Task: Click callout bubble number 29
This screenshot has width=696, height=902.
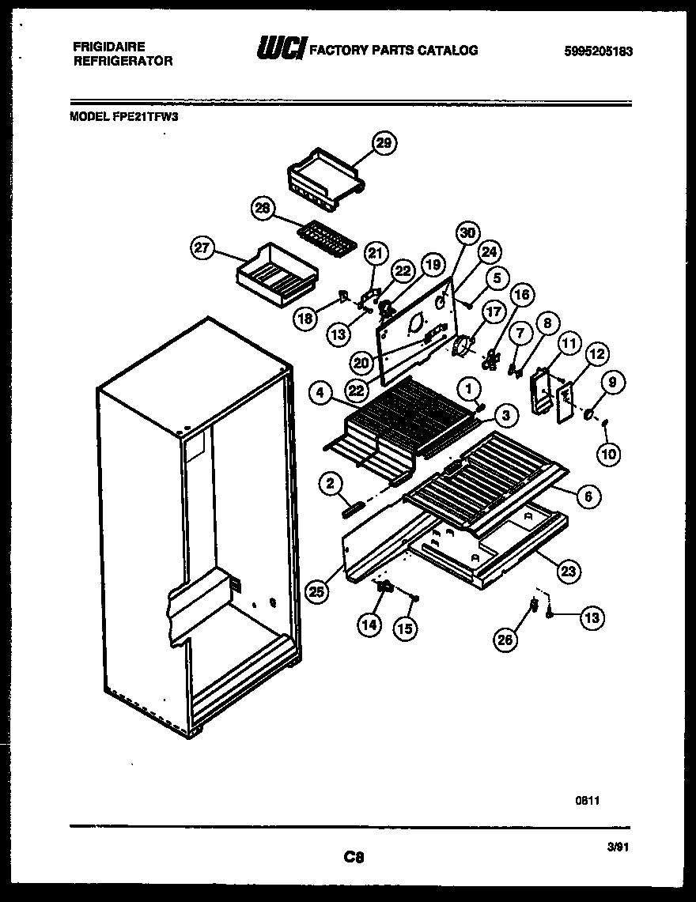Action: pyautogui.click(x=384, y=143)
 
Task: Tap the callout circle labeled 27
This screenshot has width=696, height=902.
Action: pyautogui.click(x=204, y=248)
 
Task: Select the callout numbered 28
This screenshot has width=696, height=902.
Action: pyautogui.click(x=263, y=209)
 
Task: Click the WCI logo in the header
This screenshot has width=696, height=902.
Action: pyautogui.click(x=282, y=50)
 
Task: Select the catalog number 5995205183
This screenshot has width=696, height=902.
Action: pyautogui.click(x=599, y=52)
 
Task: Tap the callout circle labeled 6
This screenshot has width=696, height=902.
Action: pyautogui.click(x=588, y=496)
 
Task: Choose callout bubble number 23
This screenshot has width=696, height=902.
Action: pyautogui.click(x=568, y=571)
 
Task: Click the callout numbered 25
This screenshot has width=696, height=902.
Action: pyautogui.click(x=317, y=592)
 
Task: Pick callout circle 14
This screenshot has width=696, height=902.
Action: pyautogui.click(x=369, y=624)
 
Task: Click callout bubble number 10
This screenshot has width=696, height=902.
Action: pyautogui.click(x=609, y=454)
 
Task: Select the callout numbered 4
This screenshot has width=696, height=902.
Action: pyautogui.click(x=320, y=392)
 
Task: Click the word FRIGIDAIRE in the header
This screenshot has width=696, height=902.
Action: pyautogui.click(x=108, y=47)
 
